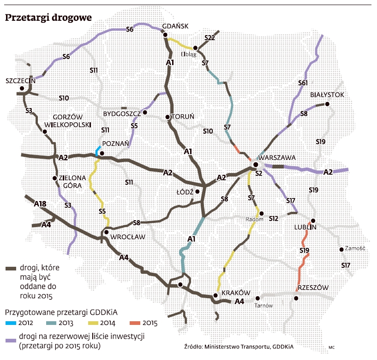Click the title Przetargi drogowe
48,18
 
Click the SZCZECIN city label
20,81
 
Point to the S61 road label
303,83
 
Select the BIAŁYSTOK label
327,95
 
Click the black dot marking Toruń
168,117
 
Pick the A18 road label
41,203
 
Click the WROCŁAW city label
128,237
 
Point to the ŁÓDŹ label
185,192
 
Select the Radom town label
254,220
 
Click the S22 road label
209,37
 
